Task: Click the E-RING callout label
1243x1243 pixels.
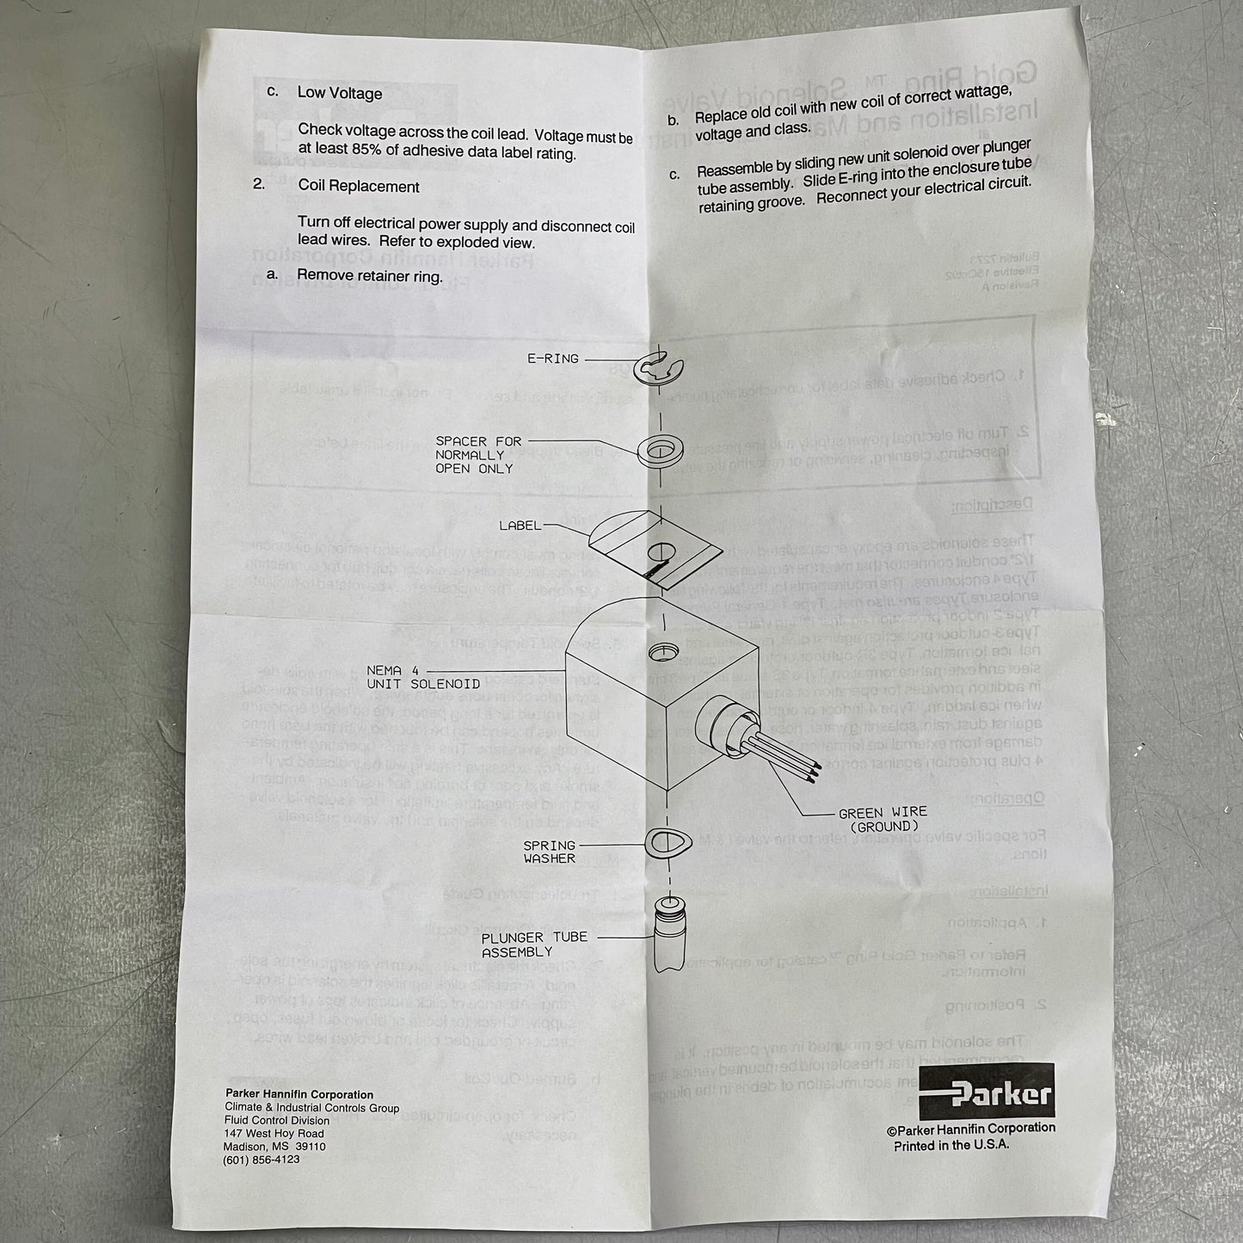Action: pyautogui.click(x=552, y=359)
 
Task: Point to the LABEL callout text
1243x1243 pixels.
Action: pyautogui.click(x=520, y=526)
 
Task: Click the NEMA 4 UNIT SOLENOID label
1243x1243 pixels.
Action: pyautogui.click(x=423, y=677)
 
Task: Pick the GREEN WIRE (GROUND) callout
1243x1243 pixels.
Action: pyautogui.click(x=883, y=819)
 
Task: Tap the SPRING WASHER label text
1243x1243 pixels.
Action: pyautogui.click(x=549, y=852)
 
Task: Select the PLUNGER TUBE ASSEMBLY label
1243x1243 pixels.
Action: pyautogui.click(x=534, y=945)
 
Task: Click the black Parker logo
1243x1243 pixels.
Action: pyautogui.click(x=987, y=1092)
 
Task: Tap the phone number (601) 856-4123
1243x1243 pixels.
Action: pyautogui.click(x=261, y=1160)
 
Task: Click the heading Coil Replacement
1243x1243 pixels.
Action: pyautogui.click(x=359, y=187)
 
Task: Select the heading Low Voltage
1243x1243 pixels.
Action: pyautogui.click(x=340, y=93)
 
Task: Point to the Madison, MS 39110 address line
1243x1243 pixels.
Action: pyautogui.click(x=274, y=1147)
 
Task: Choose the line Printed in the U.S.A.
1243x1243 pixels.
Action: pyautogui.click(x=951, y=1145)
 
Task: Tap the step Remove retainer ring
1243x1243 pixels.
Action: pyautogui.click(x=369, y=275)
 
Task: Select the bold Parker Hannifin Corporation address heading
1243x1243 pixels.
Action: pyautogui.click(x=298, y=1095)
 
